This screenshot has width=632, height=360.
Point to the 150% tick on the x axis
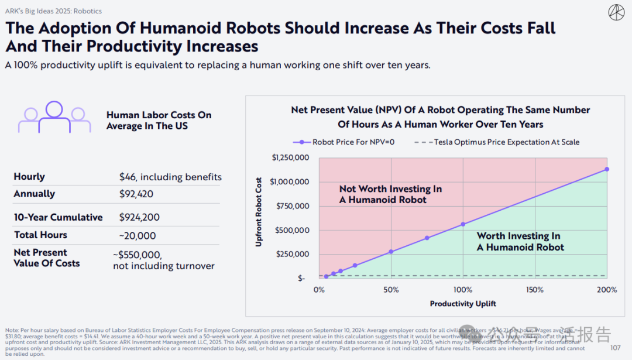pyautogui.click(x=535, y=290)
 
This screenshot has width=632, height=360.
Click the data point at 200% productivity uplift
pyautogui.click(x=607, y=169)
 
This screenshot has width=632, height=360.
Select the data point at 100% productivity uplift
pyautogui.click(x=463, y=224)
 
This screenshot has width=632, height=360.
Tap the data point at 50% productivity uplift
pyautogui.click(x=391, y=252)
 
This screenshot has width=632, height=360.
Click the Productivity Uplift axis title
pyautogui.click(x=463, y=304)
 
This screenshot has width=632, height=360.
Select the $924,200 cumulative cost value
pyautogui.click(x=140, y=217)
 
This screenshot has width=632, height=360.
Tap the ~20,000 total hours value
pyautogui.click(x=138, y=235)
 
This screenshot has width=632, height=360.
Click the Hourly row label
pyautogui.click(x=29, y=177)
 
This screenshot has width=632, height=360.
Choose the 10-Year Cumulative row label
pyautogui.click(x=59, y=217)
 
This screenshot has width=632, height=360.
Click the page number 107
pyautogui.click(x=615, y=348)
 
